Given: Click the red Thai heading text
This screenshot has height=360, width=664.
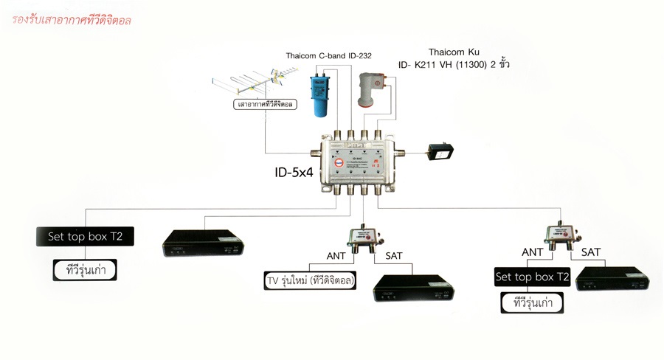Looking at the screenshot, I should tap(71, 21).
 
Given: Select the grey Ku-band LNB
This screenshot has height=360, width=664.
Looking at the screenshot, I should tap(371, 89).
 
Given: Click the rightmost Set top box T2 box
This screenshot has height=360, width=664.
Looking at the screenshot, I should tap(533, 277).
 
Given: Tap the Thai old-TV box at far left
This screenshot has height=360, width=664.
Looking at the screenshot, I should tap(87, 270).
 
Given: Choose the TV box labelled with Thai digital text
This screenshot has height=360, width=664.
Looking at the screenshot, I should tap(310, 281).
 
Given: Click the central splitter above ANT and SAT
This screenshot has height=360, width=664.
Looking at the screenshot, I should tap(362, 238).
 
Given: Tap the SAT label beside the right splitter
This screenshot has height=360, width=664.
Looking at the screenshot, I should tap(590, 252).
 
